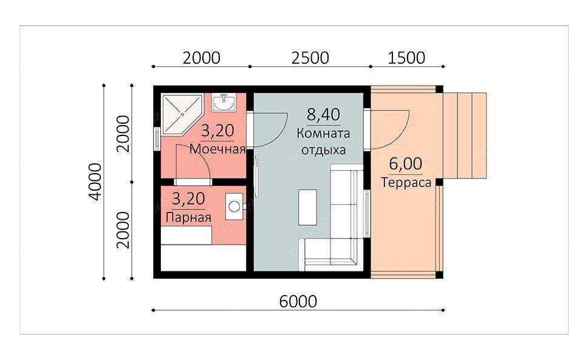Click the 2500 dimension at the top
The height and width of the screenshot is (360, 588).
pyautogui.click(x=310, y=58)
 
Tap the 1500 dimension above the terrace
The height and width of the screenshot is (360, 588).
pyautogui.click(x=406, y=58)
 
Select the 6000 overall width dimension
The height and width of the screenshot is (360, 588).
pyautogui.click(x=298, y=302)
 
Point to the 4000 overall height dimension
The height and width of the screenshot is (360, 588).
pyautogui.click(x=96, y=182)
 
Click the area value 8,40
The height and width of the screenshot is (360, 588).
pyautogui.click(x=323, y=115)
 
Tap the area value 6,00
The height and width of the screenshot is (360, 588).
pyautogui.click(x=405, y=164)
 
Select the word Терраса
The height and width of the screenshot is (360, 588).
pyautogui.click(x=406, y=183)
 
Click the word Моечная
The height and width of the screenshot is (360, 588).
pyautogui.click(x=217, y=149)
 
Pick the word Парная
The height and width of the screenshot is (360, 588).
pyautogui.click(x=188, y=217)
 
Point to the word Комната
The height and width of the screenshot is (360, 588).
pyautogui.click(x=323, y=134)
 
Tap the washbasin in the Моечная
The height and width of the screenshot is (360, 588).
pyautogui.click(x=224, y=102)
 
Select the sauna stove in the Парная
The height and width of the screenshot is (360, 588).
pyautogui.click(x=234, y=206)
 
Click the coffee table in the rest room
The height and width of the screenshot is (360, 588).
pyautogui.click(x=307, y=208)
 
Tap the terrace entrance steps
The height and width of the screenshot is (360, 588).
pyautogui.click(x=465, y=135)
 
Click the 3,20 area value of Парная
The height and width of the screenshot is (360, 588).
pyautogui.click(x=188, y=199)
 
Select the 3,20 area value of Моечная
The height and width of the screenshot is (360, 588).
pyautogui.click(x=217, y=131)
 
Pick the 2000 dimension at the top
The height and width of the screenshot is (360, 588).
pyautogui.click(x=202, y=58)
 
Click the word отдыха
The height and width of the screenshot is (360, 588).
pyautogui.click(x=323, y=151)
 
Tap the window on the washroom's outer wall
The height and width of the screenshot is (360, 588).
pyautogui.click(x=157, y=139)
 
